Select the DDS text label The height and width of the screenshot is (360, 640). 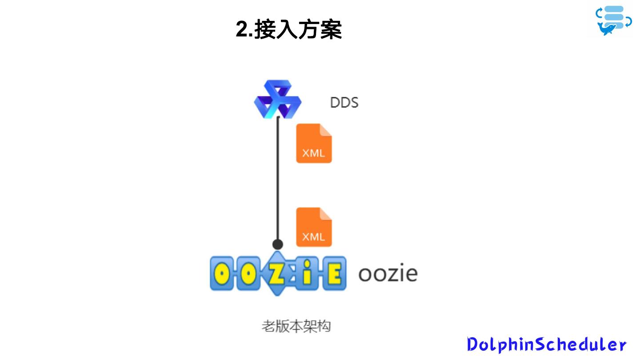[x=344, y=103]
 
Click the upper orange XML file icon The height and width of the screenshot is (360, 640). [x=314, y=144]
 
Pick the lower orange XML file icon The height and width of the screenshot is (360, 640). [x=314, y=227]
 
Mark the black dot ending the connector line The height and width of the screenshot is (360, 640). [x=278, y=244]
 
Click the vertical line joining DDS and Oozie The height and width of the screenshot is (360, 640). [x=278, y=178]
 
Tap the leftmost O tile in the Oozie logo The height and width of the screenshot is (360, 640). [x=222, y=273]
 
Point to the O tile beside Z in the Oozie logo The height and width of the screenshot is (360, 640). [x=249, y=273]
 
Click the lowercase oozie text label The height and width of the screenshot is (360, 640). [x=388, y=273]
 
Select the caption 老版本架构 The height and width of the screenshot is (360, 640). [x=296, y=327]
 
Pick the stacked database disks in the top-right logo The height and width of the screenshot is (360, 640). [x=615, y=15]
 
